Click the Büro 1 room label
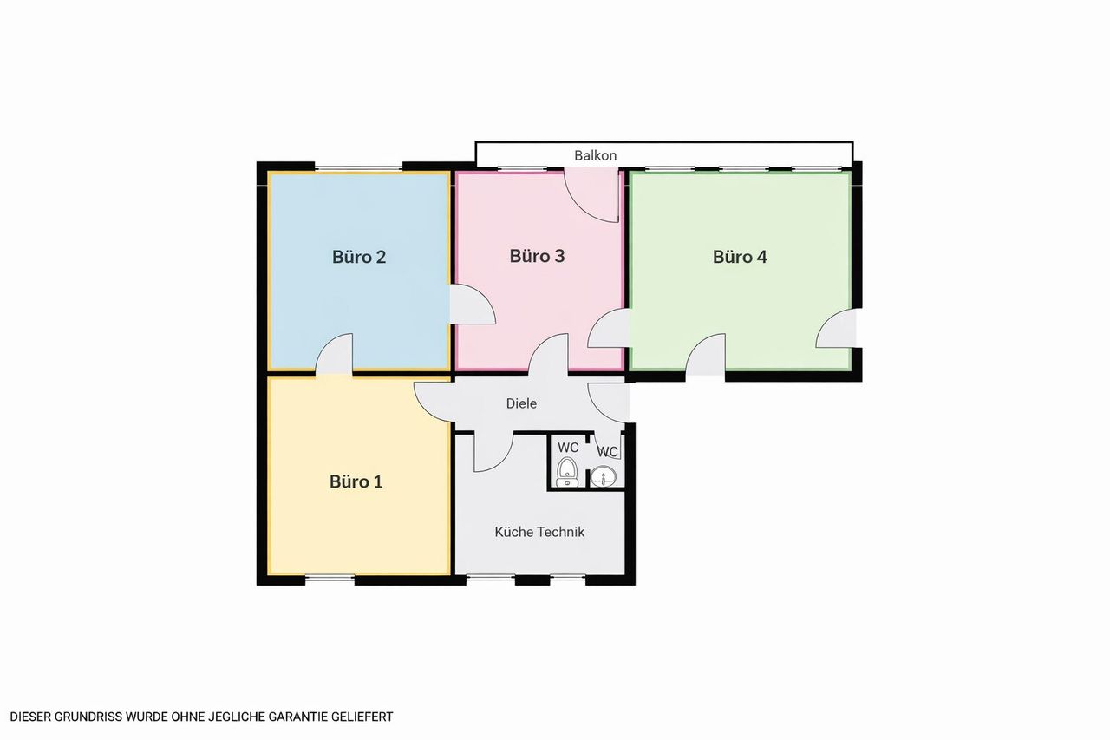click(x=356, y=481)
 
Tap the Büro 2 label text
click(x=359, y=257)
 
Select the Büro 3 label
click(x=537, y=256)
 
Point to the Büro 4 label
click(x=740, y=257)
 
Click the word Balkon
click(x=595, y=155)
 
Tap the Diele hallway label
click(x=521, y=403)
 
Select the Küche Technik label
click(x=539, y=532)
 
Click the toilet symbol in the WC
click(x=567, y=472)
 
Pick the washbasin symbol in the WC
click(x=604, y=476)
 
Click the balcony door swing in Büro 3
click(x=591, y=195)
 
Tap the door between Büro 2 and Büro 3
click(x=473, y=305)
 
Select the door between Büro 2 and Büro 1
click(x=335, y=354)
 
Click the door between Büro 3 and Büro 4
click(x=609, y=328)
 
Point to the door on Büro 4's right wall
click(x=836, y=328)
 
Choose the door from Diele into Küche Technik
click(x=493, y=451)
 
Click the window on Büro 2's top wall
click(x=359, y=168)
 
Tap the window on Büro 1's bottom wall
click(x=330, y=578)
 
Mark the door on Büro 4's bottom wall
click(x=706, y=354)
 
